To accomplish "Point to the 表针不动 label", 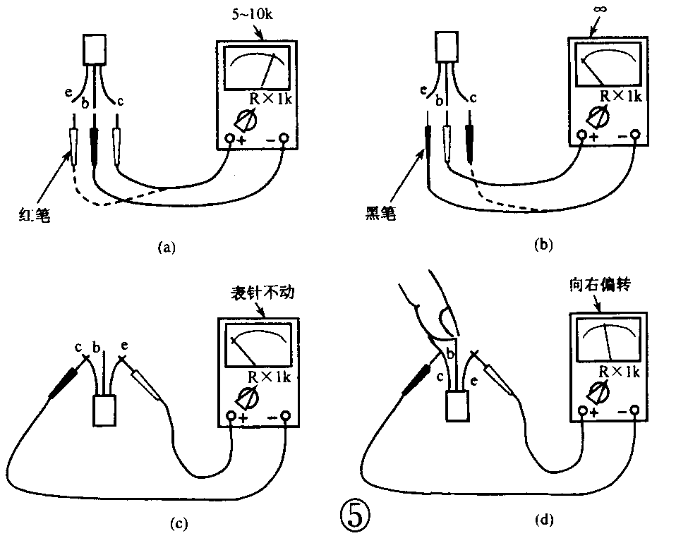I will [258, 293].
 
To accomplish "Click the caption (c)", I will [179, 523].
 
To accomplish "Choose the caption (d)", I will [544, 520].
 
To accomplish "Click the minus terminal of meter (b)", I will [635, 134].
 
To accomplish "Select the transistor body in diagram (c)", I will [105, 410].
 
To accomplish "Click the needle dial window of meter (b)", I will [608, 66].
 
